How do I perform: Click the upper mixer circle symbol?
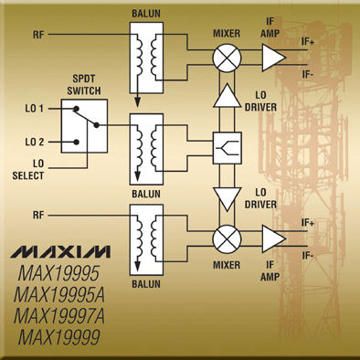[x=227, y=58]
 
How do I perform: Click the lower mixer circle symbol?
[x=227, y=239]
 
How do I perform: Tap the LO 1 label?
[x=35, y=109]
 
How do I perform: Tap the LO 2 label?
[x=35, y=142]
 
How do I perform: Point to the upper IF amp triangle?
[x=274, y=58]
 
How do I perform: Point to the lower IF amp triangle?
[x=274, y=239]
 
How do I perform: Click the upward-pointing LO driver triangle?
[x=227, y=95]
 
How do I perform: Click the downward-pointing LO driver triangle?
[x=227, y=199]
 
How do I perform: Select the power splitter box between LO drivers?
[x=228, y=148]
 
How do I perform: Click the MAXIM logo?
[x=60, y=252]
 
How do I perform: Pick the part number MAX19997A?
[x=59, y=316]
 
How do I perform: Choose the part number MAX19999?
[x=59, y=337]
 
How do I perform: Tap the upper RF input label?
[x=38, y=35]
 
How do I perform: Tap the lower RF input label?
[x=38, y=216]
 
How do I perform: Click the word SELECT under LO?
[x=28, y=175]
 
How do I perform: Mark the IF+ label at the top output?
[x=308, y=42]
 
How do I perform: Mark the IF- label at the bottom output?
[x=308, y=256]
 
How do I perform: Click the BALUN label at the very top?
[x=146, y=14]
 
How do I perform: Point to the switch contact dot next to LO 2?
[x=77, y=142]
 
